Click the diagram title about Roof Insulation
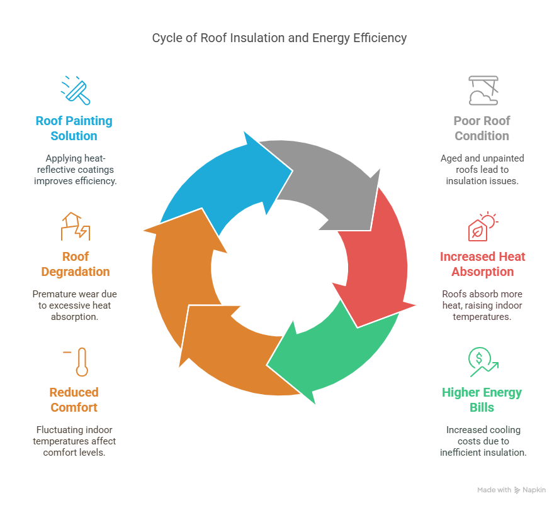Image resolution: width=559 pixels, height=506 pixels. [279, 38]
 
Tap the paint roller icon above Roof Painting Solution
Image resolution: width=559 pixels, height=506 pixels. [76, 90]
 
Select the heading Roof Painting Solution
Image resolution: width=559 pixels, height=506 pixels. [74, 128]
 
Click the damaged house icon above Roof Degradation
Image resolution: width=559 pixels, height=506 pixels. [75, 226]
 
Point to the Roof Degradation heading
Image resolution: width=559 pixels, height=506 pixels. [75, 264]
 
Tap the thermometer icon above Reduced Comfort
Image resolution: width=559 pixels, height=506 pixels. [80, 362]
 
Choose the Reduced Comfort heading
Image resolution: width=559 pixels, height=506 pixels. [74, 400]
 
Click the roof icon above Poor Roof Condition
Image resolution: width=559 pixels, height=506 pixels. [483, 90]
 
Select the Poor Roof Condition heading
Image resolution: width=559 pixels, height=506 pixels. [482, 128]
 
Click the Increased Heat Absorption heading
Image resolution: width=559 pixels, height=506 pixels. [482, 264]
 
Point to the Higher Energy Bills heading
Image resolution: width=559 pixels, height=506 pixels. [482, 400]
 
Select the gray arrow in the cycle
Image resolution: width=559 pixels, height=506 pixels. [327, 179]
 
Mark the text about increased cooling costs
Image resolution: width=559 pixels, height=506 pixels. [482, 441]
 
